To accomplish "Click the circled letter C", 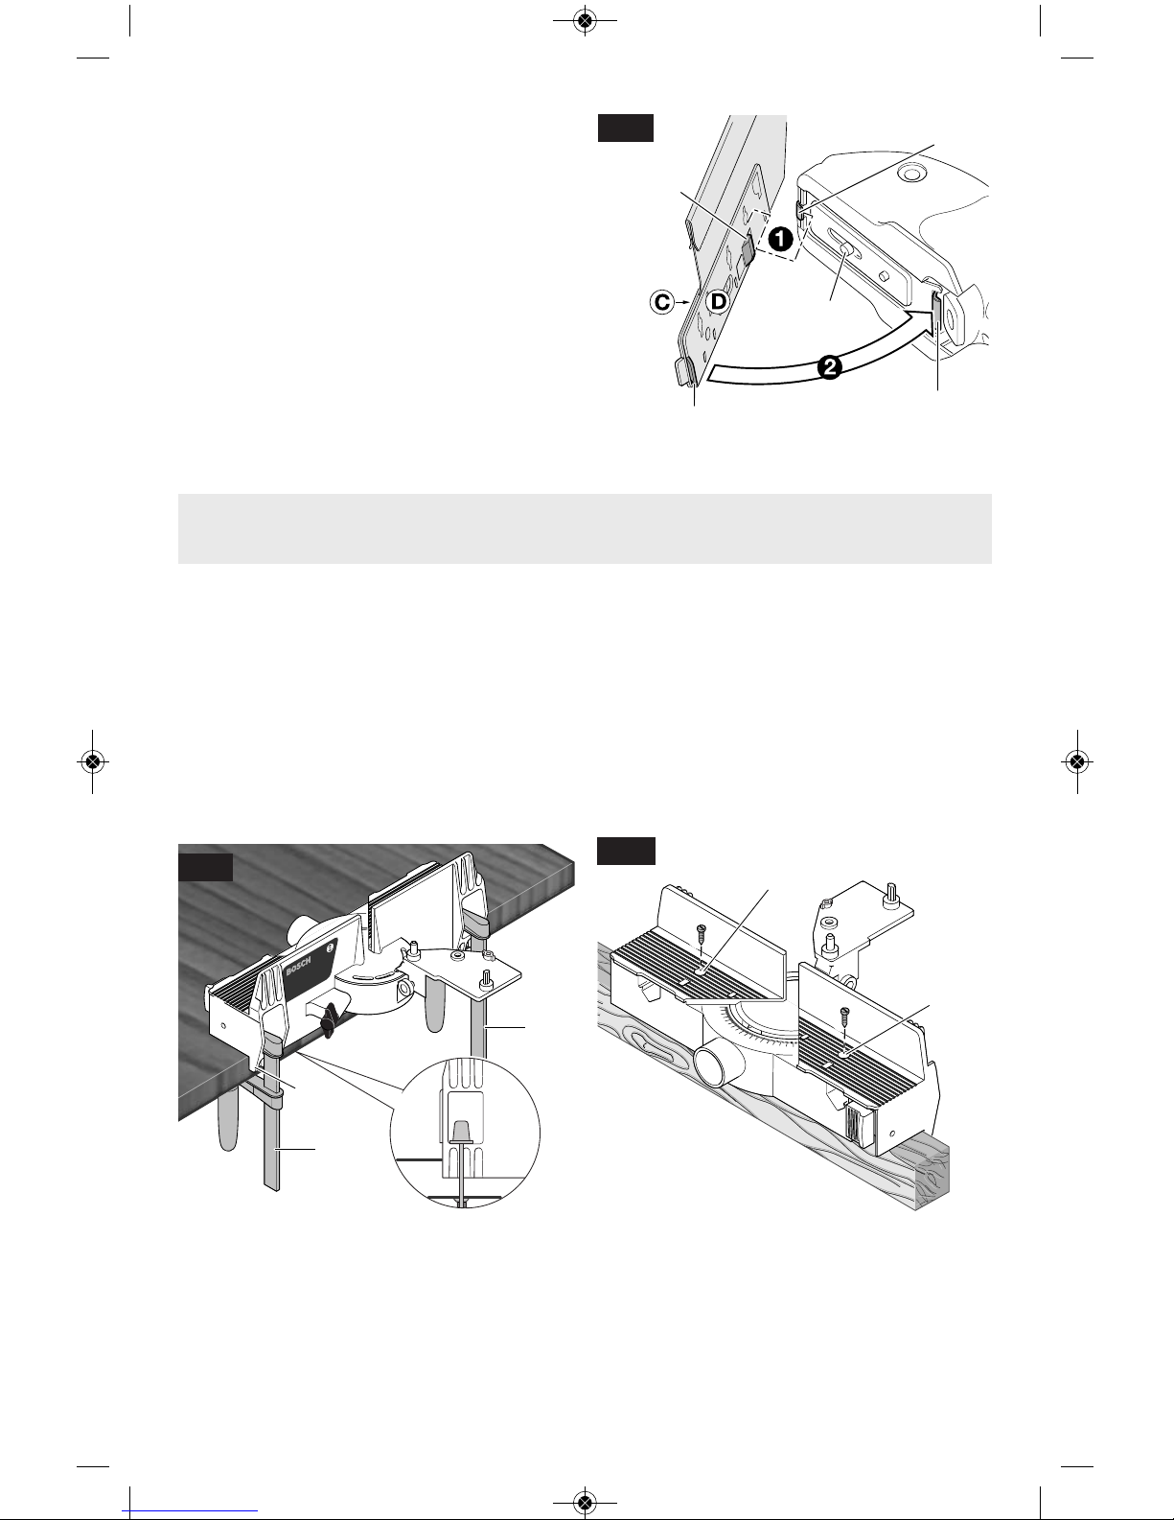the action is [x=661, y=303].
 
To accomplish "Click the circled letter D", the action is [x=718, y=302].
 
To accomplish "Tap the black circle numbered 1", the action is [x=780, y=240].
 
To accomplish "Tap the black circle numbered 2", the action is [x=830, y=367].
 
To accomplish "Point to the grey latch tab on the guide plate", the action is [x=747, y=249].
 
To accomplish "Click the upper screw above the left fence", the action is [x=700, y=932].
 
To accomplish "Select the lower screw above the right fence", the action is [x=845, y=1012].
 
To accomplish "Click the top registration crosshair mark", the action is [x=585, y=22].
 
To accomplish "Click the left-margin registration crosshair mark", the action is [x=92, y=761].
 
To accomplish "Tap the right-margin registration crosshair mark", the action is [x=1077, y=761].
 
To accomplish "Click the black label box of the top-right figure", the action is [x=626, y=129].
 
